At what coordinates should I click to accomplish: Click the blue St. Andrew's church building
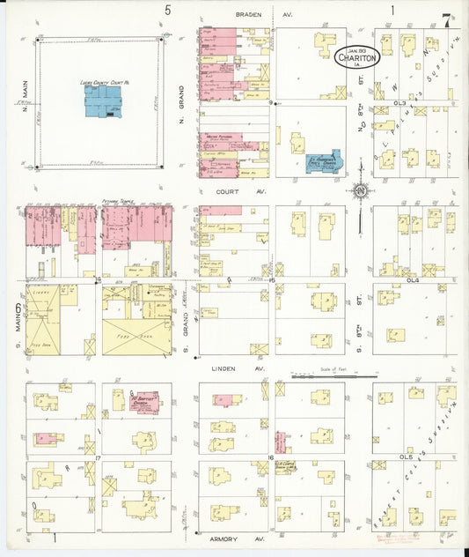pyautogui.click(x=323, y=162)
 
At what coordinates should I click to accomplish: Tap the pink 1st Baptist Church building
pyautogui.click(x=143, y=402)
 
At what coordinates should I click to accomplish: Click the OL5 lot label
pyautogui.click(x=406, y=458)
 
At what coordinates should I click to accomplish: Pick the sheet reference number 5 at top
pyautogui.click(x=167, y=11)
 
